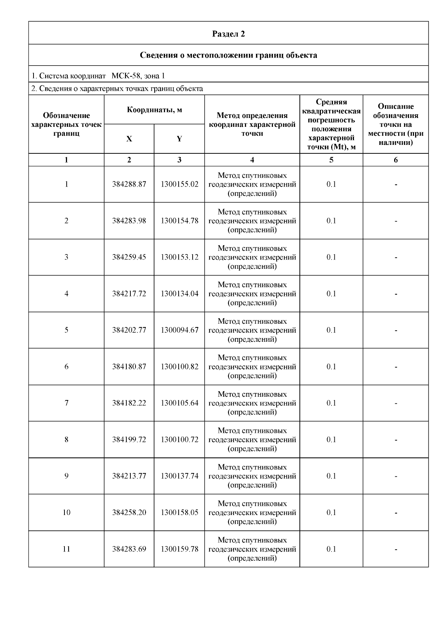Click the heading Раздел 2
[x=228, y=34]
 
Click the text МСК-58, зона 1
[x=138, y=76]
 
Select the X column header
[x=129, y=139]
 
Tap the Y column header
[x=179, y=139]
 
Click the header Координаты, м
[x=154, y=110]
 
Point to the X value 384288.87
[x=129, y=184]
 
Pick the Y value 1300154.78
[x=179, y=221]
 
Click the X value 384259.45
[x=129, y=257]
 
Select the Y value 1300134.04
[x=179, y=294]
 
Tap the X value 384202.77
[x=129, y=330]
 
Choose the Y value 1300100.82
[x=179, y=366]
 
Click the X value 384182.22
[x=129, y=403]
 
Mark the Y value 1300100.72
[x=179, y=439]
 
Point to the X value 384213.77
[x=129, y=476]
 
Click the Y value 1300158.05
[x=179, y=512]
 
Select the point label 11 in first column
[x=66, y=549]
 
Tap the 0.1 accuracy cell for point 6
[x=331, y=366]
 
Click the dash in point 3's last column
[x=396, y=257]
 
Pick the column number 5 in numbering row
[x=331, y=160]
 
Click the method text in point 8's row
[x=252, y=439]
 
